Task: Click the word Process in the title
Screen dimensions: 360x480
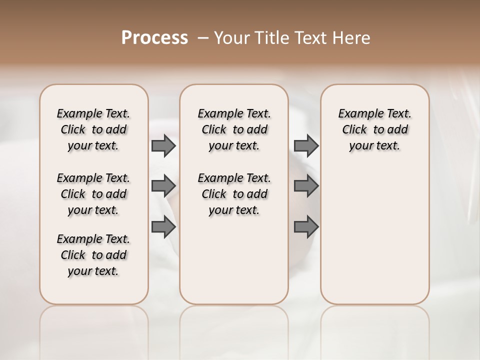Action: click(154, 38)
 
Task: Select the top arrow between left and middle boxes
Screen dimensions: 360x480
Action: click(163, 145)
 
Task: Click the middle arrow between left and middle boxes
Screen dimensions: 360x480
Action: click(163, 186)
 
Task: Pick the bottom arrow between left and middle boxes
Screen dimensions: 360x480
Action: click(163, 227)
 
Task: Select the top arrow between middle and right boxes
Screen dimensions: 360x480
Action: click(306, 145)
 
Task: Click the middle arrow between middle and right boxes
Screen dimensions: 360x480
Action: click(306, 186)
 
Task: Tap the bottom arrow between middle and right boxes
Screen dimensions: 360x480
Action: click(306, 227)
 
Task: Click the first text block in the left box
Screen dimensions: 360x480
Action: click(93, 129)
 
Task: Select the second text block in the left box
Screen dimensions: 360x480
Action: click(93, 194)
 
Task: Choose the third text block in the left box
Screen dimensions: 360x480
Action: click(93, 255)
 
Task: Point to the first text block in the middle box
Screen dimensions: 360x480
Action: click(234, 129)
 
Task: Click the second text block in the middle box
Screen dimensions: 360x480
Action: click(234, 194)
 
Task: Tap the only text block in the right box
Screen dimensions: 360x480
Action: click(374, 129)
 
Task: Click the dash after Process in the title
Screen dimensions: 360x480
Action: click(203, 38)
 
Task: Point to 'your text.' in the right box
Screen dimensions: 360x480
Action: click(374, 146)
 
